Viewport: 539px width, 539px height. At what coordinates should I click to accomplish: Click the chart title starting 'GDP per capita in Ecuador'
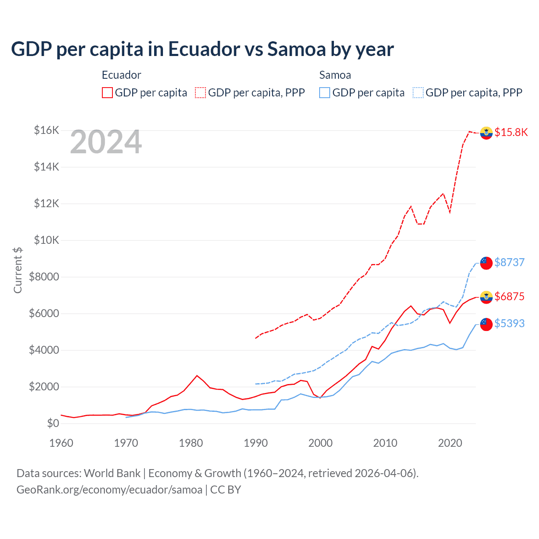[202, 49]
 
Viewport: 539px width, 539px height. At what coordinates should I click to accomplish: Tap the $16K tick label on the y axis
[46, 130]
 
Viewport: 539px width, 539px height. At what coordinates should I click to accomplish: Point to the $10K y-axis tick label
[46, 240]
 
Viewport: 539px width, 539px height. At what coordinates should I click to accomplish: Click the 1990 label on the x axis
[256, 443]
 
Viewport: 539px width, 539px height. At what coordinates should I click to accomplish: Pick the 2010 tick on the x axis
[385, 443]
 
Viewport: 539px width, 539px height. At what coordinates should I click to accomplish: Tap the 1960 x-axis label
[61, 443]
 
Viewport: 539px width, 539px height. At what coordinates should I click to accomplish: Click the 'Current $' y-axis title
[18, 270]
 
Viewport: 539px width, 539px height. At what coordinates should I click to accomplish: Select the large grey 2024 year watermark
[106, 142]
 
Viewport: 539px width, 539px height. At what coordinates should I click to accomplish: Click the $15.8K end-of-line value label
[511, 132]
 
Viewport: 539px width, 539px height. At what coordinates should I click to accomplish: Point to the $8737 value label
[509, 262]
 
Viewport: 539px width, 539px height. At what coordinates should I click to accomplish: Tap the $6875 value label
[509, 296]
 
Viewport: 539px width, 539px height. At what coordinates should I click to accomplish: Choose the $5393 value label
[509, 323]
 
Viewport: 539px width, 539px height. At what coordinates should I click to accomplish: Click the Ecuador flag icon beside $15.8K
[486, 133]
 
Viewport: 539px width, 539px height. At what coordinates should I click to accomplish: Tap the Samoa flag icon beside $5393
[486, 324]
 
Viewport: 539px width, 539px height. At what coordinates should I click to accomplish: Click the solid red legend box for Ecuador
[107, 93]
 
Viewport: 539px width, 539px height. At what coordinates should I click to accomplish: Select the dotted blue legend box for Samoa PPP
[418, 93]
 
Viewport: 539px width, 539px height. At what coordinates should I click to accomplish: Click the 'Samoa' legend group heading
[335, 75]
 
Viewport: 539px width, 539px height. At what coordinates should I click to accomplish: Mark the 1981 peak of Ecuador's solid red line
[197, 375]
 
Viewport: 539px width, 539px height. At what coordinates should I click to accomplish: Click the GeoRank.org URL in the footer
[109, 490]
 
